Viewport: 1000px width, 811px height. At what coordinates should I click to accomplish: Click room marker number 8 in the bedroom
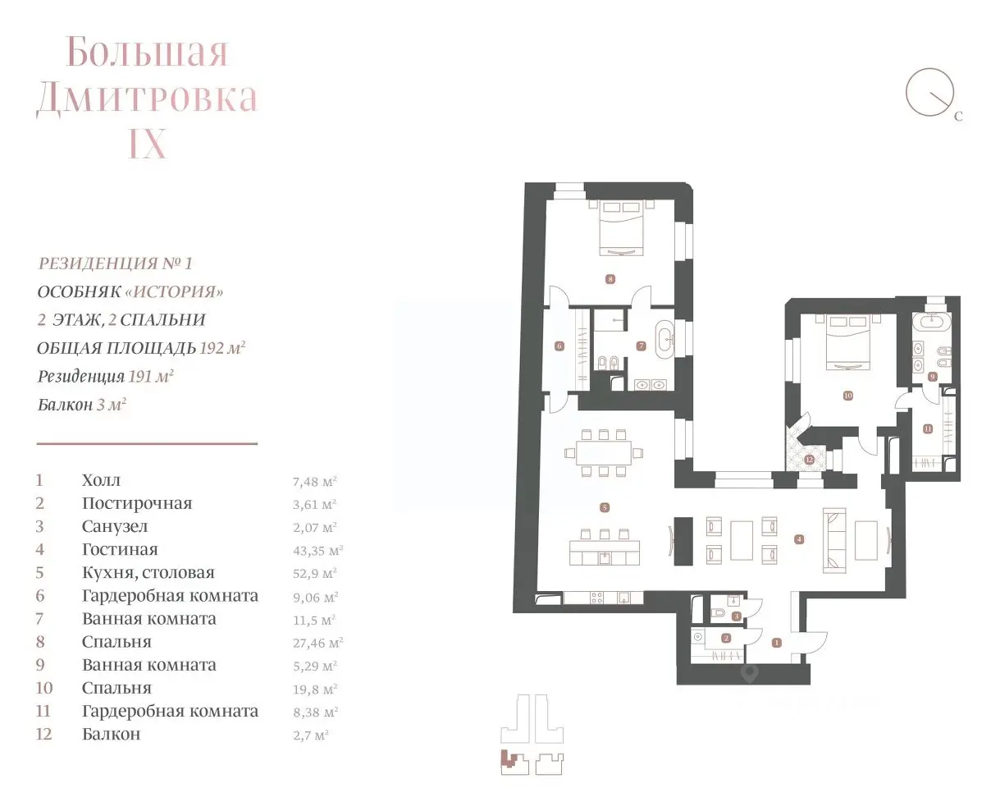(610, 279)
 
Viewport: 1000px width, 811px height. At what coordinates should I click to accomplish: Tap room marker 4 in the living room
(798, 539)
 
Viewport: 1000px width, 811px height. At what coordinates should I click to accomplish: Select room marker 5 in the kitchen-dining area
(605, 507)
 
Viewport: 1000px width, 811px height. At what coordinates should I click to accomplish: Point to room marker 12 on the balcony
(809, 460)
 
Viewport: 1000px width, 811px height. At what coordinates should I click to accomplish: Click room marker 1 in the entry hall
(777, 643)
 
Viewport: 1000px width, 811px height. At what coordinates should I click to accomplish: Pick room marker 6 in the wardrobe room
(559, 346)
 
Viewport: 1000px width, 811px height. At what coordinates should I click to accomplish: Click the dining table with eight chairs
(603, 453)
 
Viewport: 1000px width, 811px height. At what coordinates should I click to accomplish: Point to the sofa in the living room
(834, 540)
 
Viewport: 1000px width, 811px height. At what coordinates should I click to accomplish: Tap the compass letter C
(958, 116)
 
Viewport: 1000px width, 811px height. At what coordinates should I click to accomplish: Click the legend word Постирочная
(137, 503)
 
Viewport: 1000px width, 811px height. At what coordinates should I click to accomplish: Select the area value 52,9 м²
(315, 574)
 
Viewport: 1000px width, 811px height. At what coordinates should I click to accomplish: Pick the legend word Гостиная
(120, 549)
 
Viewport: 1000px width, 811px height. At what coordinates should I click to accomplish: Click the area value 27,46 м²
(318, 643)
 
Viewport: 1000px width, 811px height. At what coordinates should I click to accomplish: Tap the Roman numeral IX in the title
(148, 144)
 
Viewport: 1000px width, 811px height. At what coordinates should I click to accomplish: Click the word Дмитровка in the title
(147, 98)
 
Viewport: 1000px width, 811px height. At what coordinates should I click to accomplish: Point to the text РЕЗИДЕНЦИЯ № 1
(115, 263)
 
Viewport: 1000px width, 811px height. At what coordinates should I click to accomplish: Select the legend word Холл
(101, 480)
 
